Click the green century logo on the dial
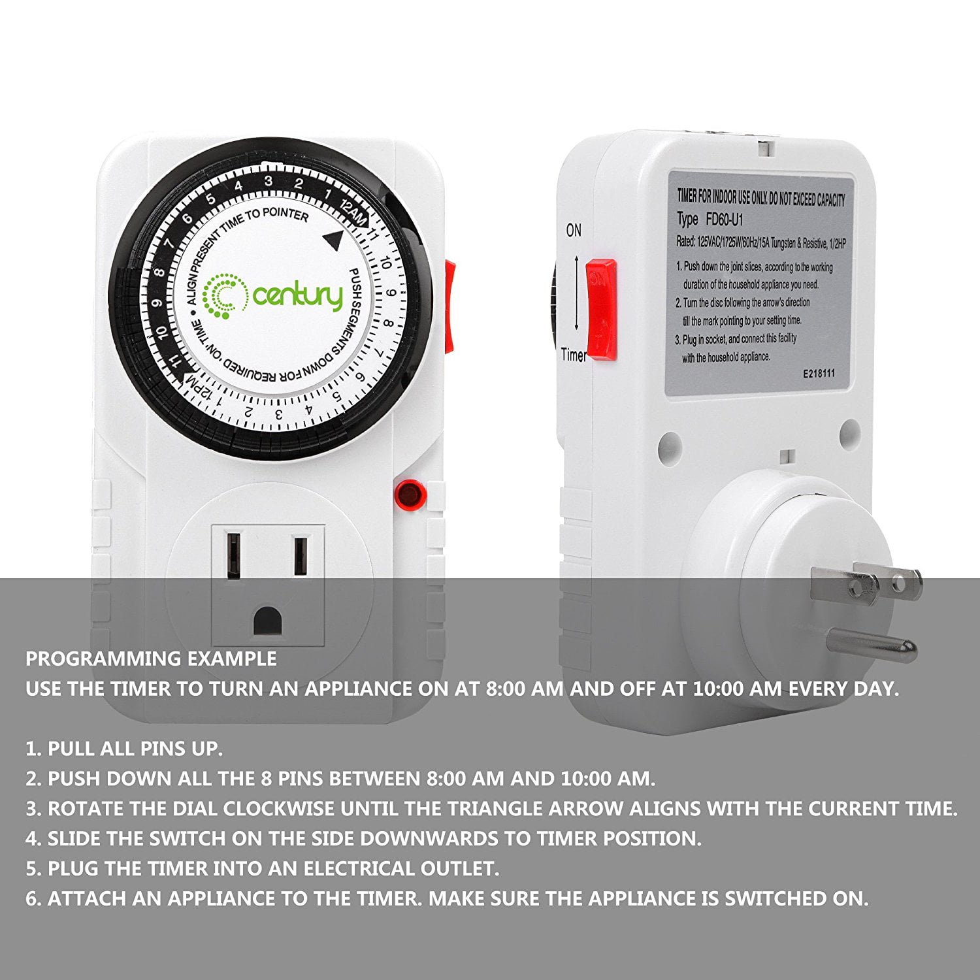273,298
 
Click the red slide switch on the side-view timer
601,310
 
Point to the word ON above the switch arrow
574,231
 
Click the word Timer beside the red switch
574,355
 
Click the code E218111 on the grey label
819,374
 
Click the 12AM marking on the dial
353,212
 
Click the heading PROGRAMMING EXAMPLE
151,659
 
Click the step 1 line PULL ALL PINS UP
124,749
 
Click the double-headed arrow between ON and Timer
576,293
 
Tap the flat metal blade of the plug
866,586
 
